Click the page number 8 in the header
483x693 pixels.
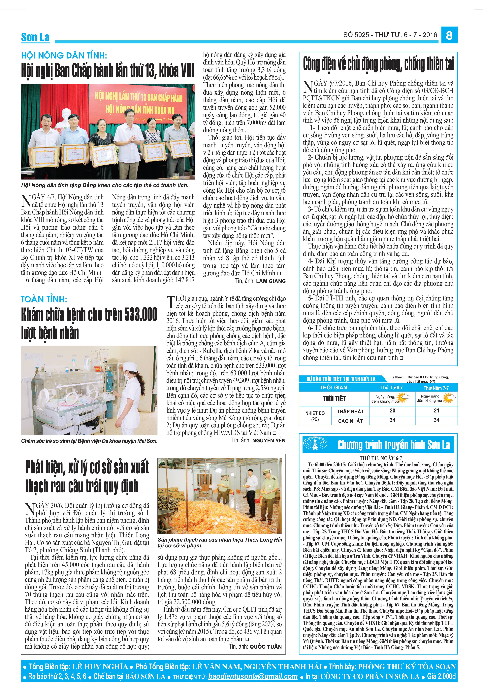(x=449, y=36)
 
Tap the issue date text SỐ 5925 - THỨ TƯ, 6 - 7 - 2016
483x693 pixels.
(x=390, y=35)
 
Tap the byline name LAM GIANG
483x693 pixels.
(x=271, y=281)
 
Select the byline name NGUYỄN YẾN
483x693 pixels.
(x=269, y=440)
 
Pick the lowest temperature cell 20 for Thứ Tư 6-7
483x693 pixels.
(x=392, y=410)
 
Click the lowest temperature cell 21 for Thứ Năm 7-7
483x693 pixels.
(x=436, y=410)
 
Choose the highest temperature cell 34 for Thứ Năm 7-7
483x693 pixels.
(x=436, y=420)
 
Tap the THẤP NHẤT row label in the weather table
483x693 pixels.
(x=350, y=411)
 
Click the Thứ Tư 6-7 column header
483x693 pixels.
(x=391, y=388)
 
